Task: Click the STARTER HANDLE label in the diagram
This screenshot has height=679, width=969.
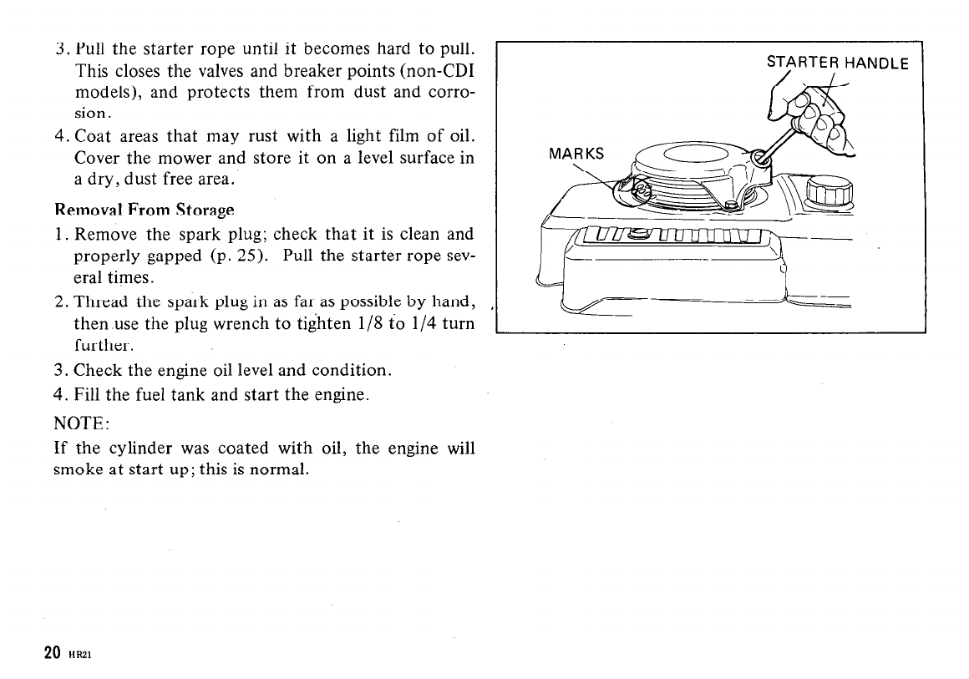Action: pos(837,62)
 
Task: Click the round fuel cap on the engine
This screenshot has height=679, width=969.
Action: pos(829,194)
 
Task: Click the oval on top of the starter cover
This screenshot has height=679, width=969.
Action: pos(693,156)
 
